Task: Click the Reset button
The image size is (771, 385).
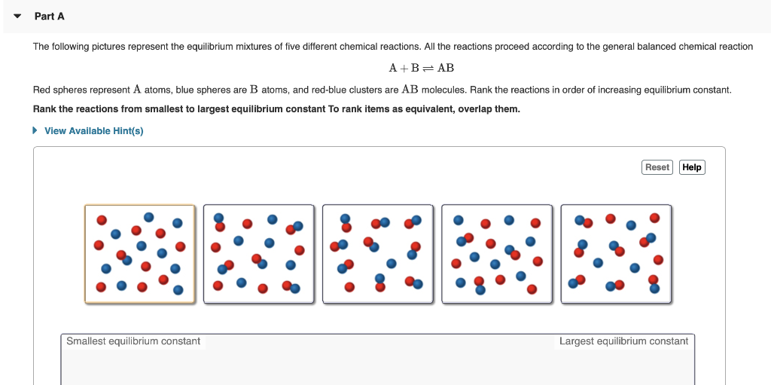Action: (657, 167)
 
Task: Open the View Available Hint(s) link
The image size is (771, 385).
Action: (93, 131)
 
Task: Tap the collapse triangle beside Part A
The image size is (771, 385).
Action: (17, 16)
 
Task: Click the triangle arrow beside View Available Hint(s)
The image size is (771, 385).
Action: (35, 131)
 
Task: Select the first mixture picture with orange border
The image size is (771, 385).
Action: (139, 254)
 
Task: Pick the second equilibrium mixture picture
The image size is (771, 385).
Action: (258, 254)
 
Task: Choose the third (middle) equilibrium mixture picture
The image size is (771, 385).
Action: (378, 254)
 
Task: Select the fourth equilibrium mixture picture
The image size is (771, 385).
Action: (497, 254)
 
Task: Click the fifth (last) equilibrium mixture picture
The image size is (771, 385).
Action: (616, 254)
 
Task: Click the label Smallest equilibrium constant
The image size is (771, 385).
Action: (133, 341)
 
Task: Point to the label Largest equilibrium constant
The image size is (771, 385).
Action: (623, 341)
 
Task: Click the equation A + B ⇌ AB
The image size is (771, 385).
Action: (421, 68)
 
